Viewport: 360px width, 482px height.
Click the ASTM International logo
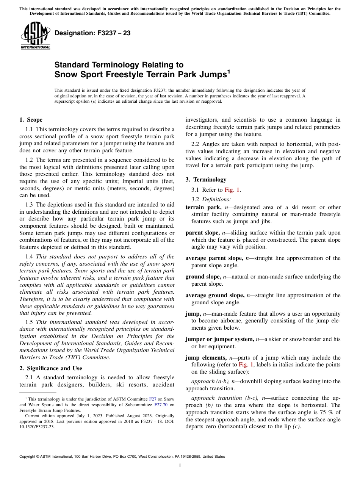pos(35,36)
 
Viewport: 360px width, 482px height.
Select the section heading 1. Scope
pos(31,120)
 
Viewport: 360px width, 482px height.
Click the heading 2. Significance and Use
pos(50,368)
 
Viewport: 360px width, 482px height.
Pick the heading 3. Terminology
pos(205,180)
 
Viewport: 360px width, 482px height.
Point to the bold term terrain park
pos(203,207)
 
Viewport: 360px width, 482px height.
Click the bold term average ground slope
pos(215,295)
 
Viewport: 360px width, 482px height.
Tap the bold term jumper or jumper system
pos(219,339)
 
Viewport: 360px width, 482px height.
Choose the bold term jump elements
pos(206,358)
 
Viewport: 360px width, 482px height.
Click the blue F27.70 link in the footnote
pos(161,404)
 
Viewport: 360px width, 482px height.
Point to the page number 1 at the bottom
pos(180,466)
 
